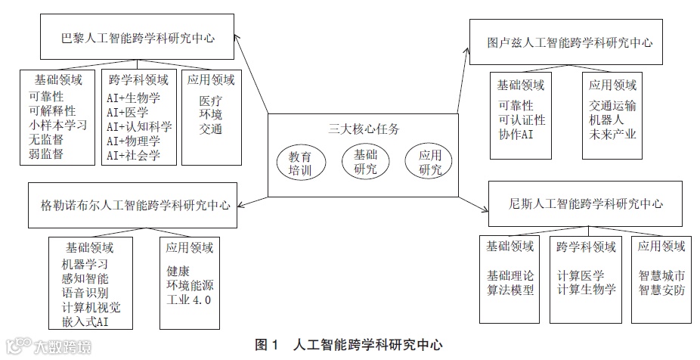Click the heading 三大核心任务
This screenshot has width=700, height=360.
(x=363, y=128)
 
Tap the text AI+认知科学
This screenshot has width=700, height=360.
(x=139, y=126)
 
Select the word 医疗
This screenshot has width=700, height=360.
(x=211, y=100)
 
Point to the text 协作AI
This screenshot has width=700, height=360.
(x=516, y=135)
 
